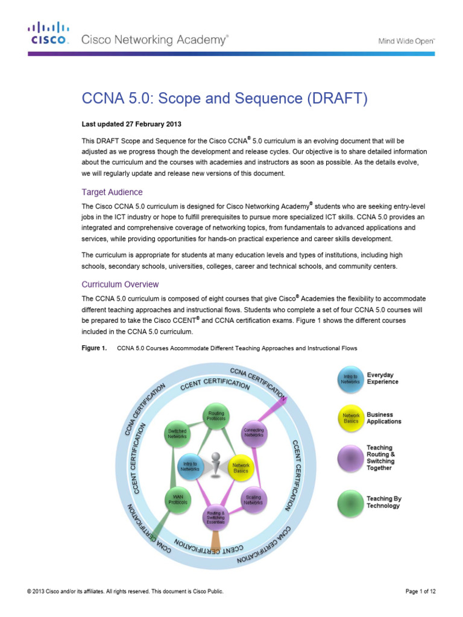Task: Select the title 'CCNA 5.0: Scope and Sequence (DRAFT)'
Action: (224, 98)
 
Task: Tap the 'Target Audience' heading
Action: (112, 192)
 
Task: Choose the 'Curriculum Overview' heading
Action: (120, 284)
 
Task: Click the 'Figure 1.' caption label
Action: (94, 348)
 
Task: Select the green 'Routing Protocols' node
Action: (216, 415)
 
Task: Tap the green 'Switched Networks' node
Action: (177, 433)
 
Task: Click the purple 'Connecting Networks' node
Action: (254, 433)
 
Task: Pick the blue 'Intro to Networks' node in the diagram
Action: (191, 466)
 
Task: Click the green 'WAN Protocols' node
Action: (178, 500)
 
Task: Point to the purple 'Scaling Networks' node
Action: (254, 500)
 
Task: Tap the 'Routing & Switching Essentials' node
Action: (216, 517)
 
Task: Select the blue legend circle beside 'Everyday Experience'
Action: (350, 378)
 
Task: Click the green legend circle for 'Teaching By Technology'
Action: (350, 503)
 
